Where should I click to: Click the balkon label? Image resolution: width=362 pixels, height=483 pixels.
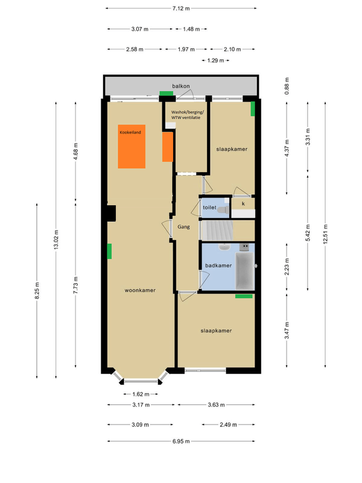coord(180,86)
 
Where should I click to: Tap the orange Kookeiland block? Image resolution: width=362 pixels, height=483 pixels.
coord(132,146)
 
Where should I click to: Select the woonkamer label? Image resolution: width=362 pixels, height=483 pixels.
coord(140,290)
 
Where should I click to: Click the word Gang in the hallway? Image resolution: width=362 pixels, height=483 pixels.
coord(183,227)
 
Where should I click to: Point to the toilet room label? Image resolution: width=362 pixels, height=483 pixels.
coord(209,207)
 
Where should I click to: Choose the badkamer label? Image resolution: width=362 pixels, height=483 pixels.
coord(218,265)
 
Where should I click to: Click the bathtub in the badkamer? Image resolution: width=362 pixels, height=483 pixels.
coord(245,271)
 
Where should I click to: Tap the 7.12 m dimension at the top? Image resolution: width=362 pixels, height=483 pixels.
coord(181,8)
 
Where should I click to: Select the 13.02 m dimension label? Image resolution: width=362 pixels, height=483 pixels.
coord(56,240)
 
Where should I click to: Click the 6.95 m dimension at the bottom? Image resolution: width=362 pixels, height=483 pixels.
coord(181,441)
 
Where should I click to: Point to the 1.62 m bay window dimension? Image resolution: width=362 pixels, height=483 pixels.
coord(141,394)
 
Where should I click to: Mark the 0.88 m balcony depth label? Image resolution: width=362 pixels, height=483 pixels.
coord(287,86)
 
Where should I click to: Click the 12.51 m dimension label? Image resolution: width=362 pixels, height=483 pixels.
coord(325,234)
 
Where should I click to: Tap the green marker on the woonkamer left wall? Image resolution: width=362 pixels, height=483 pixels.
coord(109,251)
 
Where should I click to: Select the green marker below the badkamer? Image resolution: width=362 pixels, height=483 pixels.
coord(244,296)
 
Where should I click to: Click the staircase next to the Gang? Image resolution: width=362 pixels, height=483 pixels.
coord(217,230)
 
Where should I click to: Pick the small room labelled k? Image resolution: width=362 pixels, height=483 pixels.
coord(243,208)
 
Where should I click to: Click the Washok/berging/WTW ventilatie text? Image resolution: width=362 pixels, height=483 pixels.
coord(187,115)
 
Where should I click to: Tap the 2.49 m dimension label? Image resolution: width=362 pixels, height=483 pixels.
coord(228,424)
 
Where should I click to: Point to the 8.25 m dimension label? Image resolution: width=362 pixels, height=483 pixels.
coord(37,290)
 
